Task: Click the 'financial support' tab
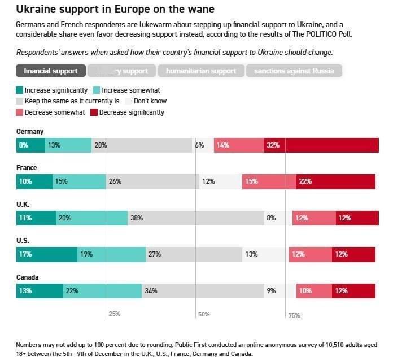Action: [51, 71]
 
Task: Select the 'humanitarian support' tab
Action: [201, 71]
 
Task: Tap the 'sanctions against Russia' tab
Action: [294, 71]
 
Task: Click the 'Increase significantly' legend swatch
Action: [20, 90]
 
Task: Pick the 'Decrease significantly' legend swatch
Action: [94, 112]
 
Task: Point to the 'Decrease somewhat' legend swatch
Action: [20, 112]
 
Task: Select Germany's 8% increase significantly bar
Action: [30, 145]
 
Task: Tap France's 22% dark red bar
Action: [336, 181]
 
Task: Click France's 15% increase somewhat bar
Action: [79, 181]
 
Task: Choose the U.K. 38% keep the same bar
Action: [196, 218]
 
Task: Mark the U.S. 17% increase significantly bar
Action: [46, 254]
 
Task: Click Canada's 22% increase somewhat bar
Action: [102, 291]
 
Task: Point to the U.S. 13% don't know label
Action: [251, 254]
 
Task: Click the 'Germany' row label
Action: [29, 132]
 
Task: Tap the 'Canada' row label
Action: [28, 277]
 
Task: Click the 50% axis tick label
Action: [203, 314]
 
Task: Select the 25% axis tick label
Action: [114, 314]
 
